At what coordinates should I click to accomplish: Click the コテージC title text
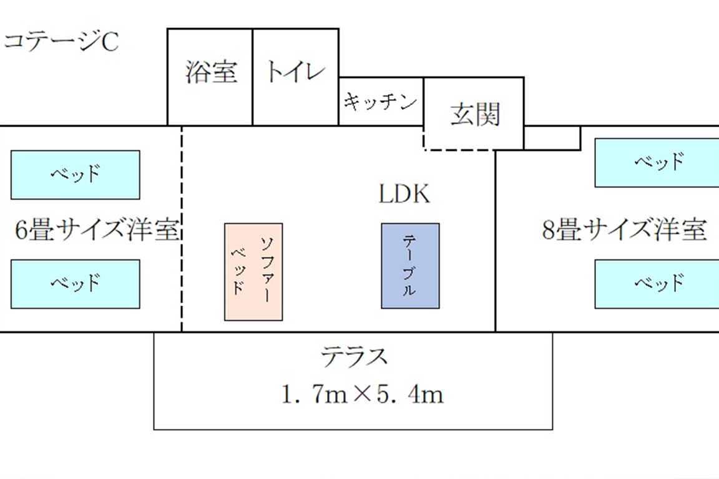(61, 43)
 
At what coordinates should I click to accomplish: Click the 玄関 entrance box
(474, 114)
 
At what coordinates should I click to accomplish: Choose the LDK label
(404, 195)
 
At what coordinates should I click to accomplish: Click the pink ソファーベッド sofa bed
(253, 271)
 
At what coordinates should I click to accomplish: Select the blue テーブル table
(410, 266)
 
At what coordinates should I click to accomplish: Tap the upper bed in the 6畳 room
(75, 175)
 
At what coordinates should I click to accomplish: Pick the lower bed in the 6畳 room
(75, 284)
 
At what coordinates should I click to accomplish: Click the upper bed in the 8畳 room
(657, 163)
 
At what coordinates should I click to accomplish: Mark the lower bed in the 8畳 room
(657, 284)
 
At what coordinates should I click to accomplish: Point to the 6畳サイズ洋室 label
(97, 231)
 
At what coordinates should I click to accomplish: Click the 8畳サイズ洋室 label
(624, 230)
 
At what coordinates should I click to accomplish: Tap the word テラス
(354, 357)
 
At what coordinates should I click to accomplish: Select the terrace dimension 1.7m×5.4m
(362, 395)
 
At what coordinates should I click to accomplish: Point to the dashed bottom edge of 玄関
(459, 150)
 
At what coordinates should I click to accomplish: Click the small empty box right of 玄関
(552, 138)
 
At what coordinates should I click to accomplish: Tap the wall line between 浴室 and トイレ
(252, 77)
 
